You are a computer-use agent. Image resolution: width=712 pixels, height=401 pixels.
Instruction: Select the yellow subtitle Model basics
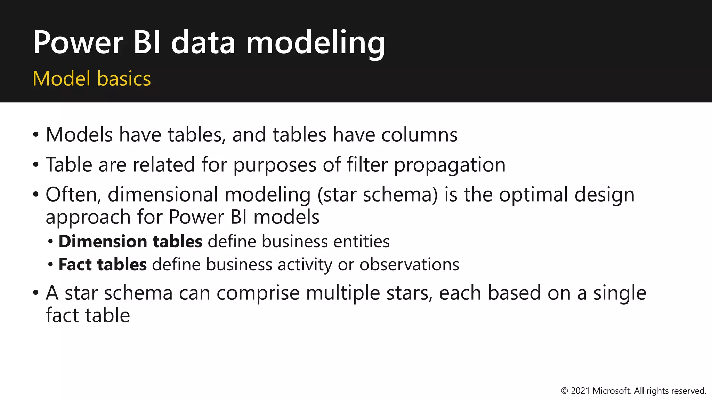[92, 79]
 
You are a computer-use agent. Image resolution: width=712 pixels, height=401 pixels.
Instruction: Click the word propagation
[450, 165]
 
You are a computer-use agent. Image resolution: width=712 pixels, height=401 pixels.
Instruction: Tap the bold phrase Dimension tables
[130, 242]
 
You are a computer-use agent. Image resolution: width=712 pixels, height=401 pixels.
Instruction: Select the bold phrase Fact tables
[103, 265]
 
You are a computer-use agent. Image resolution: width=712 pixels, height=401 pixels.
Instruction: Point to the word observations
[409, 265]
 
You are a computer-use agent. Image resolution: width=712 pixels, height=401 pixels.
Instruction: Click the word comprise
[258, 293]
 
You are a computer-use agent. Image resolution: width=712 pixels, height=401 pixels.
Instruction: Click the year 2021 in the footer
[580, 391]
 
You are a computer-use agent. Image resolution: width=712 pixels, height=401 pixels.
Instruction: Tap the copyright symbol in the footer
[565, 391]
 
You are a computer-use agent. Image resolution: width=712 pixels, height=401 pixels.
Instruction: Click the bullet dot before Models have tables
[36, 135]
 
